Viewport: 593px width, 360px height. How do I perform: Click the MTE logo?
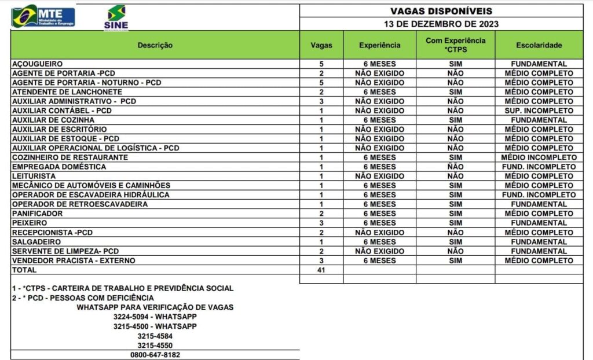tap(43, 16)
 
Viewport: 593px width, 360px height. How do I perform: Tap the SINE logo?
tap(116, 17)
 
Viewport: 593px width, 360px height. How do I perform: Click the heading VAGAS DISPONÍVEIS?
tap(441, 11)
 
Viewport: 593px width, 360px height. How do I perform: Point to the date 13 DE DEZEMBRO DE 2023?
tap(441, 24)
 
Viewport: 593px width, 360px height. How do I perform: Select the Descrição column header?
tap(155, 45)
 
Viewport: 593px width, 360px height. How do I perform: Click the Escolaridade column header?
tap(539, 45)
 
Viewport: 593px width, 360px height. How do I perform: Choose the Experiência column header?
tap(379, 45)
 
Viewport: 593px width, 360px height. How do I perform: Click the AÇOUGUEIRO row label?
tap(37, 64)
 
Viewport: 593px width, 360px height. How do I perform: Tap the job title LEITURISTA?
tap(34, 176)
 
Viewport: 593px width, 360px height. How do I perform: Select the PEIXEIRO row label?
tap(30, 223)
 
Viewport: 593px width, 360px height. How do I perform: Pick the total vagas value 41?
tap(321, 270)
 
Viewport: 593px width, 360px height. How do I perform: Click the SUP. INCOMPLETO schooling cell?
tap(539, 111)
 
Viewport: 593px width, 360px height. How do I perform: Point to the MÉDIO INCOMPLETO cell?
tap(539, 157)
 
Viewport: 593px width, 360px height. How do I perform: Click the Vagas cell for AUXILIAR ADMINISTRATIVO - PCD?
tap(321, 101)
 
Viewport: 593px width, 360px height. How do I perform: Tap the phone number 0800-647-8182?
tap(155, 355)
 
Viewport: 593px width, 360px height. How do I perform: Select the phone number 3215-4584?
tap(155, 336)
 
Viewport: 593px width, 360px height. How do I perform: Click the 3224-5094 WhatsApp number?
tap(155, 317)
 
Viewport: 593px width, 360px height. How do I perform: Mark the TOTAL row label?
tap(24, 270)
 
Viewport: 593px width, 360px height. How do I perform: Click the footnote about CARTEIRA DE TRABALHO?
tap(122, 288)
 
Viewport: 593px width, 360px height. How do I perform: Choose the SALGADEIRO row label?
tap(36, 242)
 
